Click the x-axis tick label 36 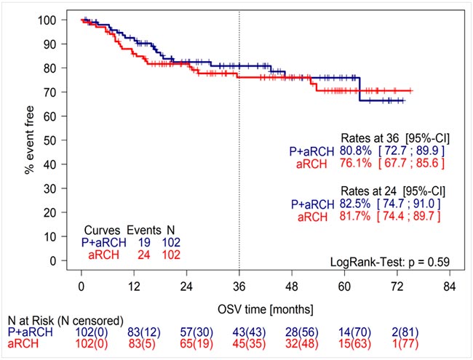point(239,286)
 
